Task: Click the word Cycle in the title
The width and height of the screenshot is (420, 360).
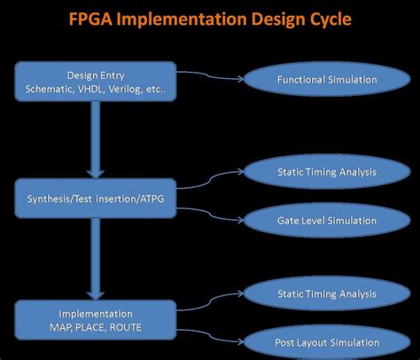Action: tap(323, 20)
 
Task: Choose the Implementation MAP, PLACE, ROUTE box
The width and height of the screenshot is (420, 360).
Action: tap(96, 320)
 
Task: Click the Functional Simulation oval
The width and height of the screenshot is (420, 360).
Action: tap(315, 80)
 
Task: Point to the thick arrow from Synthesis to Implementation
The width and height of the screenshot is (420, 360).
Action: tap(96, 259)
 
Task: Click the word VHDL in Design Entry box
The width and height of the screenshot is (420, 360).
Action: tap(101, 89)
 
